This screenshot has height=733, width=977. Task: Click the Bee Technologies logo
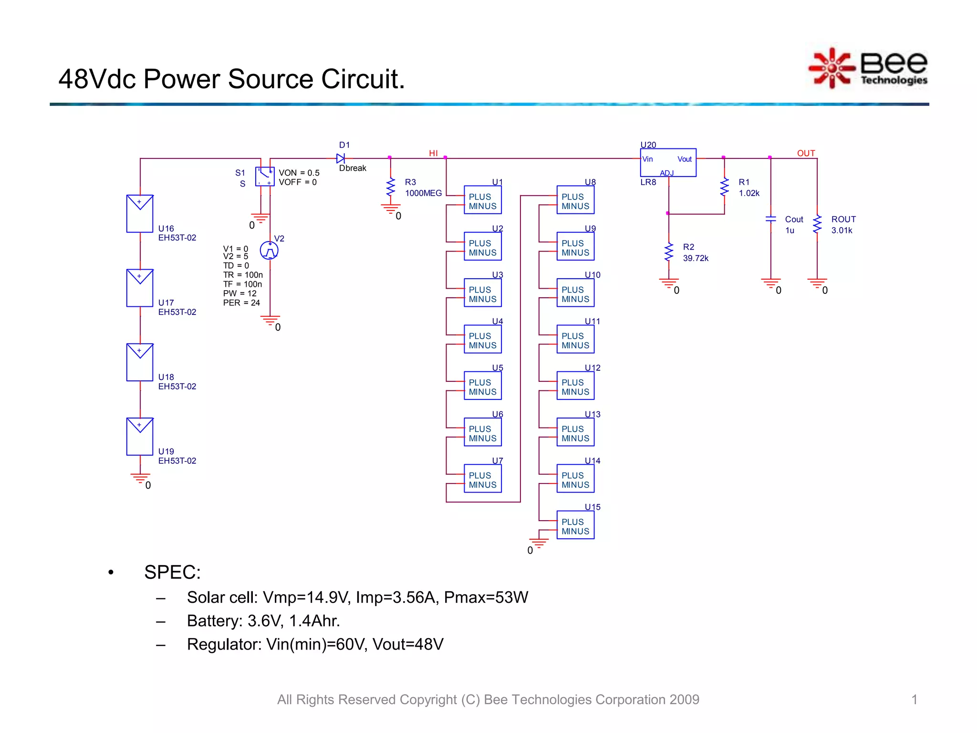point(867,68)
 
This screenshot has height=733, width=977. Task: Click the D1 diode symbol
point(341,158)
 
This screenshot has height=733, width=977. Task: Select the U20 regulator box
point(667,162)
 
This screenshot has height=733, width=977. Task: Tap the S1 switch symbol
point(265,177)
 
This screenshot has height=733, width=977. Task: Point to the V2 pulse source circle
point(270,250)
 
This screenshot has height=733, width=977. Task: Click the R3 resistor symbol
point(391,187)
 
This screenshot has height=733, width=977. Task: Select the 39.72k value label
point(696,258)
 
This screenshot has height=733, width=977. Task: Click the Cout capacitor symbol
point(770,219)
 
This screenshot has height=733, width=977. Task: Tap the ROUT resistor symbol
point(817,224)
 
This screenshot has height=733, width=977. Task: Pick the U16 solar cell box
point(140,213)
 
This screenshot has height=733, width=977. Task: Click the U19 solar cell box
point(140,436)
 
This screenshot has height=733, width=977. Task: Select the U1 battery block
point(482,200)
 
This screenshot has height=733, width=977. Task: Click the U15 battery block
point(575,525)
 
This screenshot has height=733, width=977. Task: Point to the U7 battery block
point(482,479)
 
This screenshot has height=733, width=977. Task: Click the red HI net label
point(433,153)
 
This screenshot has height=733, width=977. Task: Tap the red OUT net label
point(806,153)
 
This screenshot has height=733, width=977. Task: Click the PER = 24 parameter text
point(241,303)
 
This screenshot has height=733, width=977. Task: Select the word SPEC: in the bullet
point(172,572)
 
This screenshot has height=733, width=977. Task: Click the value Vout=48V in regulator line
point(408,644)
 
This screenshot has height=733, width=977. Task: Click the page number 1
point(914,700)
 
